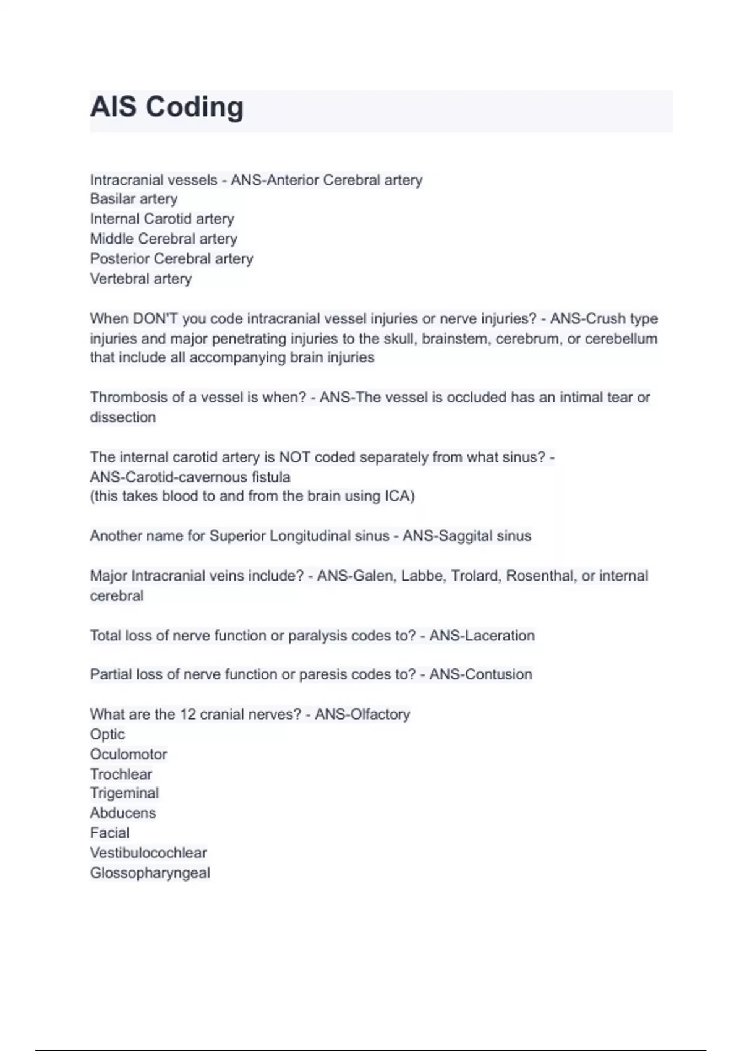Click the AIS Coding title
[x=167, y=107]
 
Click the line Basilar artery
[x=134, y=199]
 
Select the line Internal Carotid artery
[x=162, y=219]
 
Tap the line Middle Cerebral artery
[x=163, y=239]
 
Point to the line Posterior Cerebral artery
[x=171, y=258]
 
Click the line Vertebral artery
[x=141, y=279]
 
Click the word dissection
[x=122, y=417]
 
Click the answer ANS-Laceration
[x=482, y=636]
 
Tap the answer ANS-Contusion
[x=480, y=674]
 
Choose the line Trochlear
[x=121, y=774]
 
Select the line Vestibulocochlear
[x=148, y=853]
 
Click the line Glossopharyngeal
[x=150, y=873]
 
